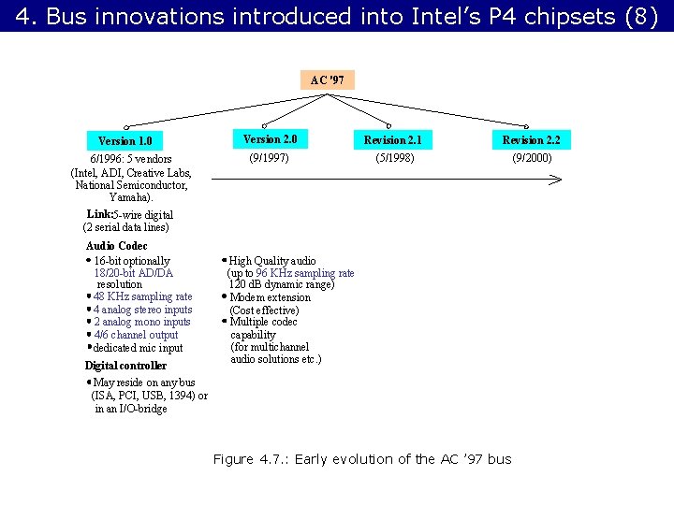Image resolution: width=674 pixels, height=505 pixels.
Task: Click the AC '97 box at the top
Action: [328, 80]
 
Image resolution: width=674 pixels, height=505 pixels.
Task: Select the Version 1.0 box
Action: [125, 141]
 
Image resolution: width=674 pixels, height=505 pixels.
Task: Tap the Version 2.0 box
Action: [270, 139]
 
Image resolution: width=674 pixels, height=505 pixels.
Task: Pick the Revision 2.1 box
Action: [393, 140]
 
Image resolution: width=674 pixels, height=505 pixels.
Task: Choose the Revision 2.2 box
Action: [531, 140]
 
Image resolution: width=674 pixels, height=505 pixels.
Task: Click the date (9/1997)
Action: [269, 158]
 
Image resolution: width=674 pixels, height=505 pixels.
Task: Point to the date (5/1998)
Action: [394, 158]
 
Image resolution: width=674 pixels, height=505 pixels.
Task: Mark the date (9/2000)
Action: [532, 158]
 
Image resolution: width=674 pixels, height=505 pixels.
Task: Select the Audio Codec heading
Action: [116, 246]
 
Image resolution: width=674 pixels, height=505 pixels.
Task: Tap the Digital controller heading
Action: [125, 366]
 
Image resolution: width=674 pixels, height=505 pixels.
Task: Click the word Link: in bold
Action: [98, 214]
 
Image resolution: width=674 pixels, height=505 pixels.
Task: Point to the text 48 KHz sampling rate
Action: [142, 296]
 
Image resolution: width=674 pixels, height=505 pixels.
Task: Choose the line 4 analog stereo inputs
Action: [142, 310]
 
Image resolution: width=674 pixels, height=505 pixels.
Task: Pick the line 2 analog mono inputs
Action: [141, 322]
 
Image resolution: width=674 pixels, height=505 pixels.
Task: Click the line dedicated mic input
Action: [139, 348]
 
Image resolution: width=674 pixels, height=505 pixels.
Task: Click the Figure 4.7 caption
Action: [361, 459]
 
